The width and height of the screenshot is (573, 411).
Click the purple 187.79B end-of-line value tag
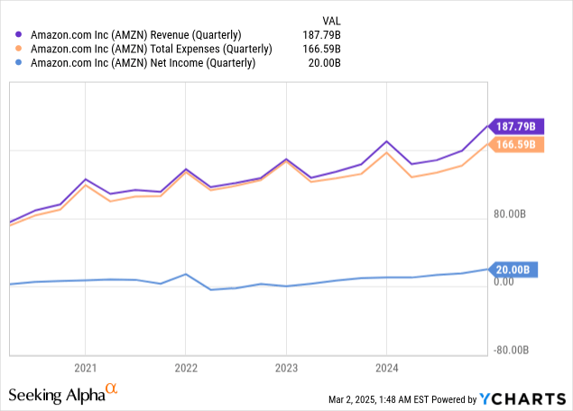[517, 125]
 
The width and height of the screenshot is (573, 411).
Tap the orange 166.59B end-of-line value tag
[516, 144]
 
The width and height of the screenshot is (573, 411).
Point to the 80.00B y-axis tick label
[511, 215]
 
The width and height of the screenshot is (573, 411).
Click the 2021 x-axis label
[85, 368]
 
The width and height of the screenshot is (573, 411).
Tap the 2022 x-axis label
[185, 368]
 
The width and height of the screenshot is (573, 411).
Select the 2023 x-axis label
[286, 368]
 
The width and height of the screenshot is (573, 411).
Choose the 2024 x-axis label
[386, 368]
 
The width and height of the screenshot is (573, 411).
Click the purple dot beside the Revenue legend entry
[21, 34]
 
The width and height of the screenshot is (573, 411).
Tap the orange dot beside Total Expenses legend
[21, 49]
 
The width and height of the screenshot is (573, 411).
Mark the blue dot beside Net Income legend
[21, 63]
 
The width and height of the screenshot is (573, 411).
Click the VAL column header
[332, 20]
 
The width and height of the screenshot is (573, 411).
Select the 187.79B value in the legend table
[323, 34]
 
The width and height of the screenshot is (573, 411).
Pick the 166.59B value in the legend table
[323, 49]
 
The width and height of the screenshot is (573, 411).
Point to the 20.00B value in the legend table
[328, 63]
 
